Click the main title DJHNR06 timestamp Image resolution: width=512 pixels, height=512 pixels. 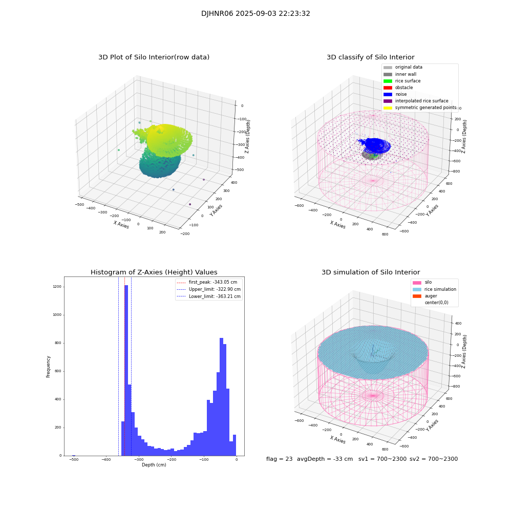click(x=255, y=14)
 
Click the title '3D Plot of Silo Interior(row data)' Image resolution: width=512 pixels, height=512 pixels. click(x=154, y=57)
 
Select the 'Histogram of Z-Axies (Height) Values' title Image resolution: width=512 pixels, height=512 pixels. click(x=154, y=272)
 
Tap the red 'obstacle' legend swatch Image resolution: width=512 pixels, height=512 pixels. click(x=388, y=88)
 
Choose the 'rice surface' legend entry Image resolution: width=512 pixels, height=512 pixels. click(x=408, y=81)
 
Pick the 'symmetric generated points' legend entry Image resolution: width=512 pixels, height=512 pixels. click(x=425, y=108)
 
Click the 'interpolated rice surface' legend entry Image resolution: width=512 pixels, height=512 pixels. click(x=421, y=101)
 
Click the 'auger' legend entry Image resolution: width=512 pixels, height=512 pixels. click(x=431, y=296)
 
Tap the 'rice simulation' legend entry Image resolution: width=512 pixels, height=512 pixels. click(x=440, y=289)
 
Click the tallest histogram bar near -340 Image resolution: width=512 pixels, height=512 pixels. click(x=126, y=369)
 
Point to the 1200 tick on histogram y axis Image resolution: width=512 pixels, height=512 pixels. click(x=56, y=287)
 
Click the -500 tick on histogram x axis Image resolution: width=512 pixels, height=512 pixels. click(x=74, y=460)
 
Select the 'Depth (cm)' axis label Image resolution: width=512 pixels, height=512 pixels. click(x=154, y=465)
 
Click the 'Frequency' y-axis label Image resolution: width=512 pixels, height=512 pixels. click(x=49, y=366)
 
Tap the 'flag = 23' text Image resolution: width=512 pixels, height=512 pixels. click(x=279, y=459)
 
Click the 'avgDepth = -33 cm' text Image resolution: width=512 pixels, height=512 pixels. click(x=325, y=459)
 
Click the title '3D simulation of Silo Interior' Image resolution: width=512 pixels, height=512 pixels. click(x=371, y=272)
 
